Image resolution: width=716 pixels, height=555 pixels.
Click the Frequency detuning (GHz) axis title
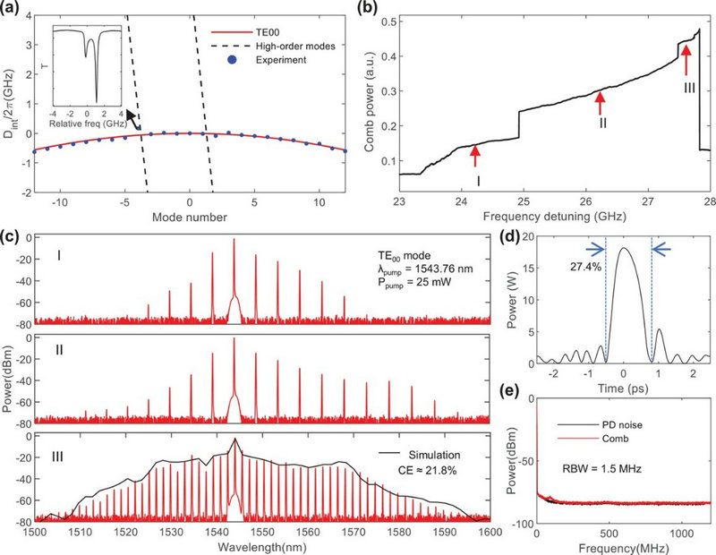[x=554, y=216]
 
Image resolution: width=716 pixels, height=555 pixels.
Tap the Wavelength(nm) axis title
[x=260, y=545]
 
